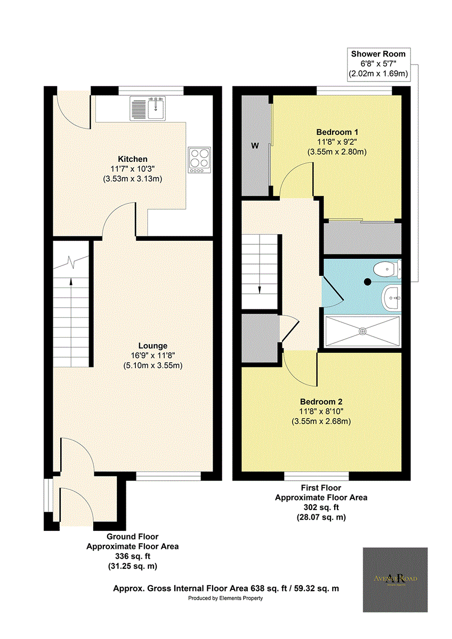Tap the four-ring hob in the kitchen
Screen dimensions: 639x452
tap(199, 159)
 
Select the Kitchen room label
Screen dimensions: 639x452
tap(132, 159)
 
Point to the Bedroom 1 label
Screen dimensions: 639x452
tap(336, 132)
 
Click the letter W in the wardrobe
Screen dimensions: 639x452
tap(255, 146)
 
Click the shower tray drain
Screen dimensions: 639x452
tap(362, 331)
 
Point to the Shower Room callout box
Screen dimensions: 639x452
tap(378, 64)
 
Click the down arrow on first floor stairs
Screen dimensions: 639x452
tap(260, 289)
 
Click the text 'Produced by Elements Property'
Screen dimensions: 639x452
tap(225, 598)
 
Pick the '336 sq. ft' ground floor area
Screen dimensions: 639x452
tap(132, 556)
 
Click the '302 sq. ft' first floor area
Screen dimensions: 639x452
tap(321, 507)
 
